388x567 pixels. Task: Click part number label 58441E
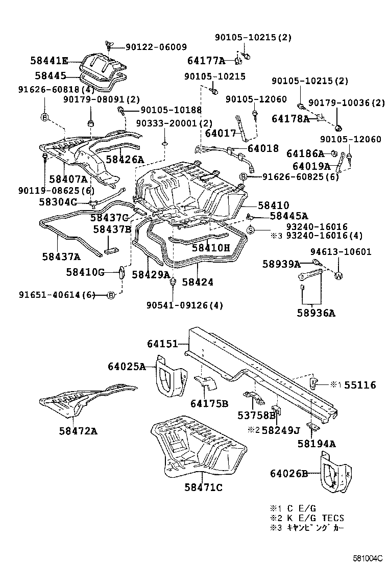pos(48,61)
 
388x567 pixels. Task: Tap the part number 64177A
pos(206,61)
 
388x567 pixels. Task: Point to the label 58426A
pos(125,160)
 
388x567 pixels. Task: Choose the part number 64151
pos(162,344)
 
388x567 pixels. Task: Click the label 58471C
pos(203,487)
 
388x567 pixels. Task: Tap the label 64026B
pos(289,474)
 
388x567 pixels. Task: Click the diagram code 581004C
pos(365,558)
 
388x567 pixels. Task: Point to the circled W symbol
pos(338,276)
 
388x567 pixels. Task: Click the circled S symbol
pos(251,230)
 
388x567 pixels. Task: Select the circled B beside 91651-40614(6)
pos(111,295)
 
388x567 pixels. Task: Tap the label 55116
pos(360,385)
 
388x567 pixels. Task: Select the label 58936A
pos(317,313)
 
